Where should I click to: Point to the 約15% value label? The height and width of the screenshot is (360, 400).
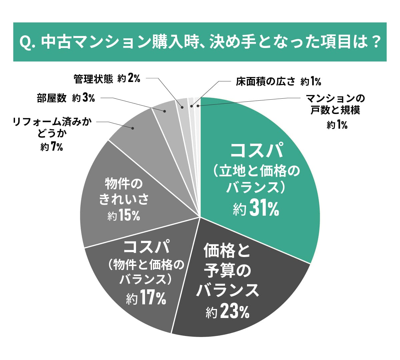(124, 216)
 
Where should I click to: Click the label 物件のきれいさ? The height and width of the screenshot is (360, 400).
(124, 192)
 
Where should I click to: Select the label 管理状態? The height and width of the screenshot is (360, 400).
(93, 79)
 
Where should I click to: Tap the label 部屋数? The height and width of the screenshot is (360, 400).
(52, 98)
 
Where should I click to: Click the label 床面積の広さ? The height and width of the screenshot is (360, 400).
(265, 81)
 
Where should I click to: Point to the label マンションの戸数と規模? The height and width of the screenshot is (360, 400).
(335, 104)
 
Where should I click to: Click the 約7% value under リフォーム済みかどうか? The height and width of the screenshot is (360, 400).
(52, 147)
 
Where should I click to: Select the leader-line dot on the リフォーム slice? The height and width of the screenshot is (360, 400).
(133, 128)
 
